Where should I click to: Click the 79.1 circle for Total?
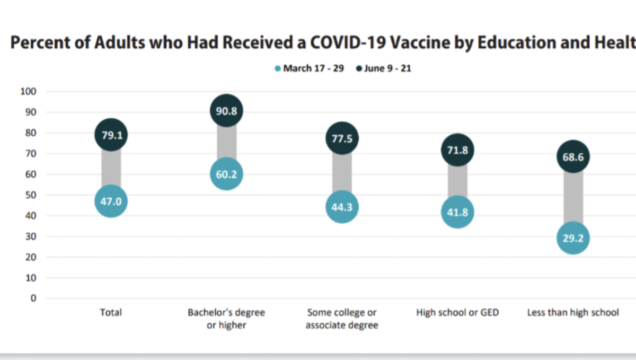(x=111, y=135)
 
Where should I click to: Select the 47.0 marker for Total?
(x=111, y=201)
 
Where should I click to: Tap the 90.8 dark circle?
(x=226, y=111)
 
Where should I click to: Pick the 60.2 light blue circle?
(x=226, y=174)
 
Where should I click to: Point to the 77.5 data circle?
(x=342, y=138)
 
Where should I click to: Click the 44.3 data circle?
(x=342, y=207)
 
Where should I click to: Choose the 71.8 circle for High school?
(x=457, y=150)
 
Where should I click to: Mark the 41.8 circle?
(x=457, y=212)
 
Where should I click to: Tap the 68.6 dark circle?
(x=573, y=156)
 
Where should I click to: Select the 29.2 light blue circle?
(x=573, y=238)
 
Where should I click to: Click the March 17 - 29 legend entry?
(x=309, y=68)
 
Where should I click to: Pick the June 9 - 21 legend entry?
(x=383, y=68)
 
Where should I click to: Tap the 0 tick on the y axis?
(x=33, y=298)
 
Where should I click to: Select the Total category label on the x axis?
(x=111, y=313)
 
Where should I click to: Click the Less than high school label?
(x=573, y=313)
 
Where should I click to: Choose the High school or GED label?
(x=457, y=313)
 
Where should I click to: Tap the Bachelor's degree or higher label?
(x=226, y=319)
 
